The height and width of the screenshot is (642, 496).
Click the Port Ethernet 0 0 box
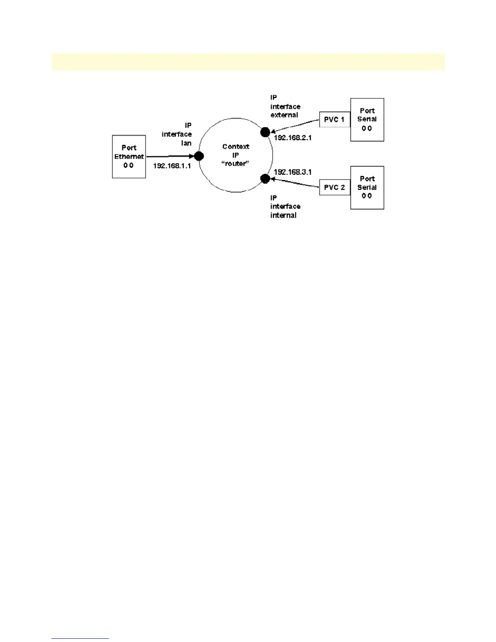129,156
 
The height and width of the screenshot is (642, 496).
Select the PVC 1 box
334,120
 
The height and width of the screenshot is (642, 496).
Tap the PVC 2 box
334,188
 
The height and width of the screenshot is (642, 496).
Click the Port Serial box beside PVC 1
367,120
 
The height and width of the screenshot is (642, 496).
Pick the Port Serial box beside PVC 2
367,188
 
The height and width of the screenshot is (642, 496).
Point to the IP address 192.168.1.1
172,166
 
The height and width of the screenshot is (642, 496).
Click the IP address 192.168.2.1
293,138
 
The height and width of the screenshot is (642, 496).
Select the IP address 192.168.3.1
293,172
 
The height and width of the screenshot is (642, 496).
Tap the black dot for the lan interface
199,156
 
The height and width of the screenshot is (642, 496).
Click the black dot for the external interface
265,132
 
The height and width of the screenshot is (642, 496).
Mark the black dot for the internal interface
265,178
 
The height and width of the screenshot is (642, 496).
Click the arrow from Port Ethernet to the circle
170,156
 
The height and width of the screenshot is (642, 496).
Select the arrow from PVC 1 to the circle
295,125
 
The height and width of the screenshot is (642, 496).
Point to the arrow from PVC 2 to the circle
295,183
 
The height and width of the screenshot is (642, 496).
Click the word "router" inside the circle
235,164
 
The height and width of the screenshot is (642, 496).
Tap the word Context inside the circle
235,147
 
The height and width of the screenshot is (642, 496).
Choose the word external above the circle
284,115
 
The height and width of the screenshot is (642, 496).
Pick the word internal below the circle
283,215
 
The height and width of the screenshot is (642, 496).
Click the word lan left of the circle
186,143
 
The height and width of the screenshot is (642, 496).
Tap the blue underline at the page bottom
80,638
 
